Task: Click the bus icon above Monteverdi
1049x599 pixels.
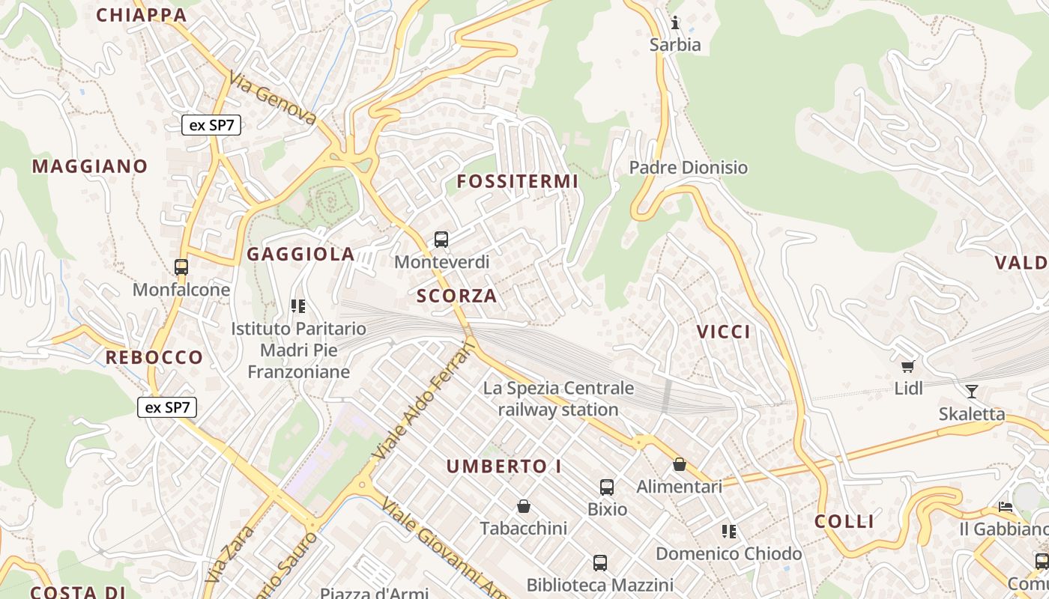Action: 441,240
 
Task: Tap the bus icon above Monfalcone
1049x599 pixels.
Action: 181,267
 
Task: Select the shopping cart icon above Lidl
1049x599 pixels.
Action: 908,366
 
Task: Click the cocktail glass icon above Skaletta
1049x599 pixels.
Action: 972,391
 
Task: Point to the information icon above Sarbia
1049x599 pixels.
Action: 675,22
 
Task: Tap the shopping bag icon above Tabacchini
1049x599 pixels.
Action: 524,507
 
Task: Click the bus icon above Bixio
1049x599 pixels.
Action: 607,487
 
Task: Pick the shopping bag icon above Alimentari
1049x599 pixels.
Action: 680,465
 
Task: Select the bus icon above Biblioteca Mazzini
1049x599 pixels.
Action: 599,562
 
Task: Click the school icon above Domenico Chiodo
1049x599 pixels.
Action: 728,532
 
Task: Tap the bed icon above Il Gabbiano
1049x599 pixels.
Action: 1006,508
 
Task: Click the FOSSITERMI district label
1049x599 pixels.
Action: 518,181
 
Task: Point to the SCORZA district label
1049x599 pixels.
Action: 457,296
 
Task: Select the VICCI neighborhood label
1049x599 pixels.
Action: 724,332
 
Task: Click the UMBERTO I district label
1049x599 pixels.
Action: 504,466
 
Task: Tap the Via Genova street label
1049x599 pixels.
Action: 273,97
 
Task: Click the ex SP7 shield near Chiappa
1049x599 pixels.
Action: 211,125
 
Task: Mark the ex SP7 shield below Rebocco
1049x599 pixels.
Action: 167,408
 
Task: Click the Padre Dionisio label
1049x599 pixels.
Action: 689,167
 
